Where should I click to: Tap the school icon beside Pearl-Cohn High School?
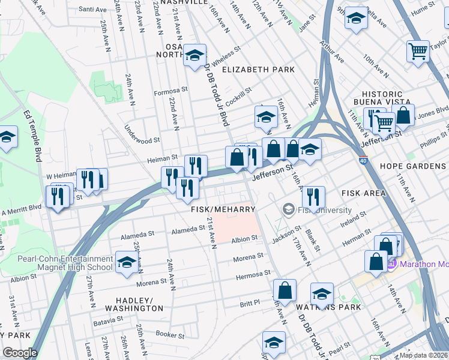[x=127, y=263]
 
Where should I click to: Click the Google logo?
[x=20, y=353]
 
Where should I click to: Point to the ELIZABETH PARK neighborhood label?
[x=258, y=70]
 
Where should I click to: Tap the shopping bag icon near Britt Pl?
[x=285, y=290]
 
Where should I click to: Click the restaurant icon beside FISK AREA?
[x=313, y=197]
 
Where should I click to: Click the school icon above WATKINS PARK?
[x=322, y=294]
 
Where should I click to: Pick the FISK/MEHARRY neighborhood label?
[x=223, y=209]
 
